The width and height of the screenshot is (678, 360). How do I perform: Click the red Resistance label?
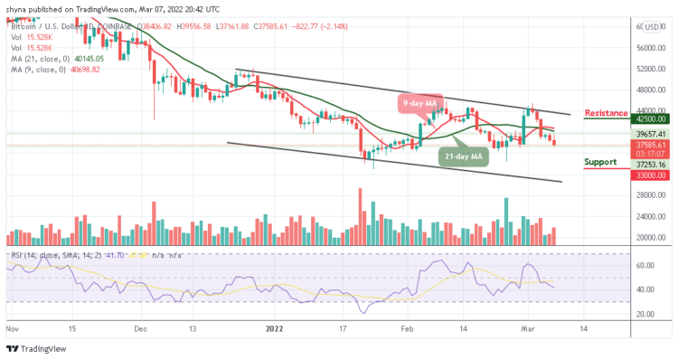607,113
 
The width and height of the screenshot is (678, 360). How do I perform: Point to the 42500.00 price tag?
650,118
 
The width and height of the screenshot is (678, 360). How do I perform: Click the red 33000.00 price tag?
650,175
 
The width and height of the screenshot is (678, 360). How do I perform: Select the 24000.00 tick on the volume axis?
649,217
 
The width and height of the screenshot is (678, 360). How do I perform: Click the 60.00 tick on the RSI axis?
644,266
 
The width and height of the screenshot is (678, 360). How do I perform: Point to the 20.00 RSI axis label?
644,314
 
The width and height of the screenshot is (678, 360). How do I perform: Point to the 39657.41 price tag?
650,134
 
